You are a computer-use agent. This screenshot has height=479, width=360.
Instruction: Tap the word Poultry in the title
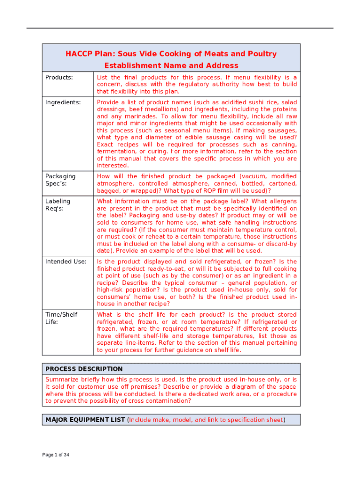(x=261, y=54)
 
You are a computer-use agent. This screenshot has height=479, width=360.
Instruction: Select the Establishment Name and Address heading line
(x=171, y=65)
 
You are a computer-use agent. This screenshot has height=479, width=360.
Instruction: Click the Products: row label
(x=59, y=77)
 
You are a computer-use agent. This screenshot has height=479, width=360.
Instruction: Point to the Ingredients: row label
(x=63, y=102)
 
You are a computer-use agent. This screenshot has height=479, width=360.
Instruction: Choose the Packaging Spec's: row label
(x=60, y=180)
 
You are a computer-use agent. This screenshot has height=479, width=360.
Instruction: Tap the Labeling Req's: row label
(x=58, y=205)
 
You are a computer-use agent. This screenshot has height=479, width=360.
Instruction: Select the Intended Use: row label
(x=65, y=261)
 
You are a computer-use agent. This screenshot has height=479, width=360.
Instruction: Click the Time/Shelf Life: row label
(x=61, y=318)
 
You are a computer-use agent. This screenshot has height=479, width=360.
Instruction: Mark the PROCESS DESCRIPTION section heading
(x=84, y=369)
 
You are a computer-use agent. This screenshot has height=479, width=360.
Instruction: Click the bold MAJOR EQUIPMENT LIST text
(x=85, y=420)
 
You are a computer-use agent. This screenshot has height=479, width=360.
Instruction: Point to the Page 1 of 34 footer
(x=56, y=455)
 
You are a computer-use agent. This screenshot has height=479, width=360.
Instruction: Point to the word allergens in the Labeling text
(x=282, y=201)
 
